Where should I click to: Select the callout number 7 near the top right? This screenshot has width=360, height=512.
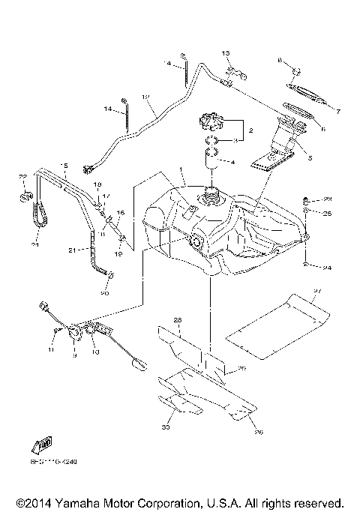tap(337, 112)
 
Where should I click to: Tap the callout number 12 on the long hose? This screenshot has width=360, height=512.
tap(145, 97)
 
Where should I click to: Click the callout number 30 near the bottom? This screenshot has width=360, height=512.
tap(165, 428)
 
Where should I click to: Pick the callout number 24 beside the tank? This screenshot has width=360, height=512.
tap(327, 267)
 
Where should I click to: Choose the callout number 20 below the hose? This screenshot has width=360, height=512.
tap(104, 293)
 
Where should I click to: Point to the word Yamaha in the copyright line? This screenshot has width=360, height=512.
tap(91, 502)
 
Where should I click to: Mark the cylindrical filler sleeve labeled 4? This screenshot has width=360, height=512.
tap(211, 160)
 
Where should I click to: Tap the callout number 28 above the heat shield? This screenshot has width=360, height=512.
tap(178, 320)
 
